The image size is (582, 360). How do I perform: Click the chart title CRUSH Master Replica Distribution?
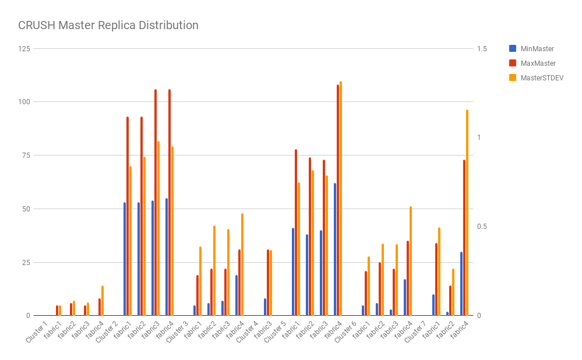pos(108,26)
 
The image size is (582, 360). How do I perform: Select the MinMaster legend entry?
pos(537,49)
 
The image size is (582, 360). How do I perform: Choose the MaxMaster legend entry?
pos(537,63)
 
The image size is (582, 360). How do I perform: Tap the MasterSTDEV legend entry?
pos(541,77)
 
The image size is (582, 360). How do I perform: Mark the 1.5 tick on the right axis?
pos(481,48)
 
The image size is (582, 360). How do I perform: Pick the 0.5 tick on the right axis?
pos(481,227)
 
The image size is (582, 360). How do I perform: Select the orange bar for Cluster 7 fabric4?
pos(467,213)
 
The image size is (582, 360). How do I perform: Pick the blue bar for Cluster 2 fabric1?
pos(125,259)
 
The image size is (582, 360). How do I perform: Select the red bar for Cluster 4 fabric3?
pos(268,283)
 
